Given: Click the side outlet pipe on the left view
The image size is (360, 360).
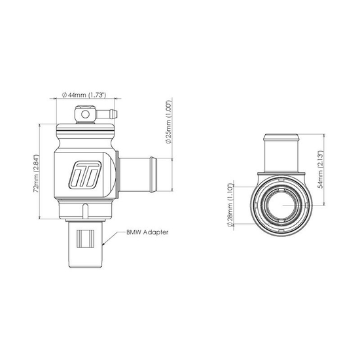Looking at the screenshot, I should point(138,173).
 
